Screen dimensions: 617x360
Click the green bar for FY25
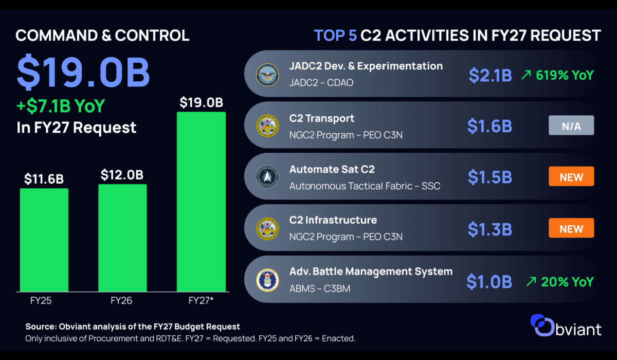44,240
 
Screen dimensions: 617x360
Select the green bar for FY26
122,238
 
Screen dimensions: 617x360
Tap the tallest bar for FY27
201,202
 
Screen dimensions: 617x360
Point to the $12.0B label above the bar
122,175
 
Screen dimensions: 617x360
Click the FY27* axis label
201,300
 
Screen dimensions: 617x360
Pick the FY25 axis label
41,300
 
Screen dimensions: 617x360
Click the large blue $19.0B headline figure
83,72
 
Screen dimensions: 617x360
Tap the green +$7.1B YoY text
61,106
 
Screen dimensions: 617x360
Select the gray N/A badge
571,125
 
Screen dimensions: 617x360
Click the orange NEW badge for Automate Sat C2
571,176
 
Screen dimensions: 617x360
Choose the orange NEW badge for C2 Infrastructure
571,228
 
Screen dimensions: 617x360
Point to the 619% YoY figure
565,75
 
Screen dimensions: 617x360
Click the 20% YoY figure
567,282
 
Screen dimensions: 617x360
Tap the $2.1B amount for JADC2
491,75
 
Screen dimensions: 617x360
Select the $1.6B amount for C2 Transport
489,126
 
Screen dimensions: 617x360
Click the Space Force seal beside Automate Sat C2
267,177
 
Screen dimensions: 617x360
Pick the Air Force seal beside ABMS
267,280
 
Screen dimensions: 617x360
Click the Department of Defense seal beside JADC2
267,75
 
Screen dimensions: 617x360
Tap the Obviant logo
566,326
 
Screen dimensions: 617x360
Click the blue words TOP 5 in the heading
335,35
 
